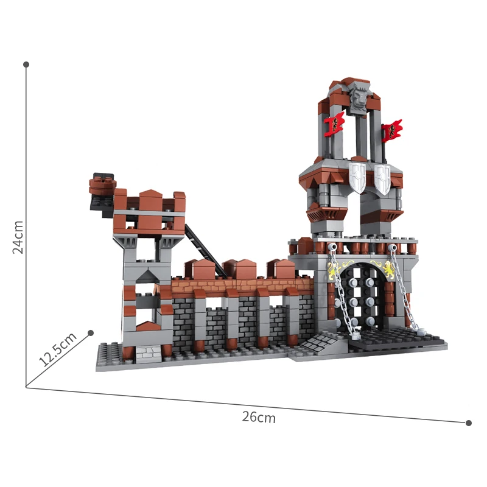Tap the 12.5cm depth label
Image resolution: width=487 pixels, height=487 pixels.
coord(57,349)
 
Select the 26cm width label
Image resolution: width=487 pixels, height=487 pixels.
coord(259,417)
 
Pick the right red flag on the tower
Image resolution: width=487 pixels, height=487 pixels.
coord(393,130)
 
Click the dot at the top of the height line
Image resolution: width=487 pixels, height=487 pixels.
coord(26,64)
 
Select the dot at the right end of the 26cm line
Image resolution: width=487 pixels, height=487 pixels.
coord(468,422)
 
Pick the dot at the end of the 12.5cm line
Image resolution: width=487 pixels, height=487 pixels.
coord(91,332)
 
